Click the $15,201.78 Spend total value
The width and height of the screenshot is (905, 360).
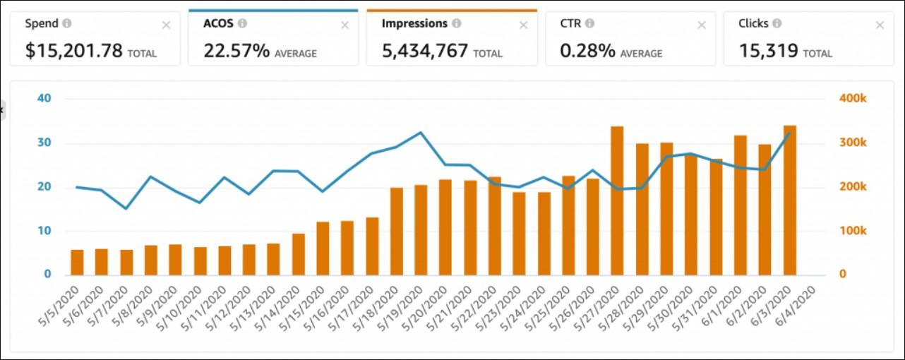73,51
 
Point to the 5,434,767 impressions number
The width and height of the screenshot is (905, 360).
425,51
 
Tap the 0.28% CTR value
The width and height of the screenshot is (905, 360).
587,51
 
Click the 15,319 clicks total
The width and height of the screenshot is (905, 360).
768,51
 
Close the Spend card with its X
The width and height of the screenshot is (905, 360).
166,25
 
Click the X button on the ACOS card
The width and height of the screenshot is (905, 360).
344,25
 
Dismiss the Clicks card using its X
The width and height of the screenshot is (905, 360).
880,25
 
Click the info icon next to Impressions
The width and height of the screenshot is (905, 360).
457,23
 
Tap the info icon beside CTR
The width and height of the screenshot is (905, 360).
589,23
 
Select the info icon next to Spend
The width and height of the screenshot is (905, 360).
67,23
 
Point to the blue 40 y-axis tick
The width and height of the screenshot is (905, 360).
44,98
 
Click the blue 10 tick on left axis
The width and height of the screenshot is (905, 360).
44,231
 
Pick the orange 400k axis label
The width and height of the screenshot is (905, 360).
853,98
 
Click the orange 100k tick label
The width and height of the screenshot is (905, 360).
853,231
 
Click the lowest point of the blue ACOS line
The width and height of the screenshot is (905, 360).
126,209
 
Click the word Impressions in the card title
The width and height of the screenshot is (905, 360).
414,23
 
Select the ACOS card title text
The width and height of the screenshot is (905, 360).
218,23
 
